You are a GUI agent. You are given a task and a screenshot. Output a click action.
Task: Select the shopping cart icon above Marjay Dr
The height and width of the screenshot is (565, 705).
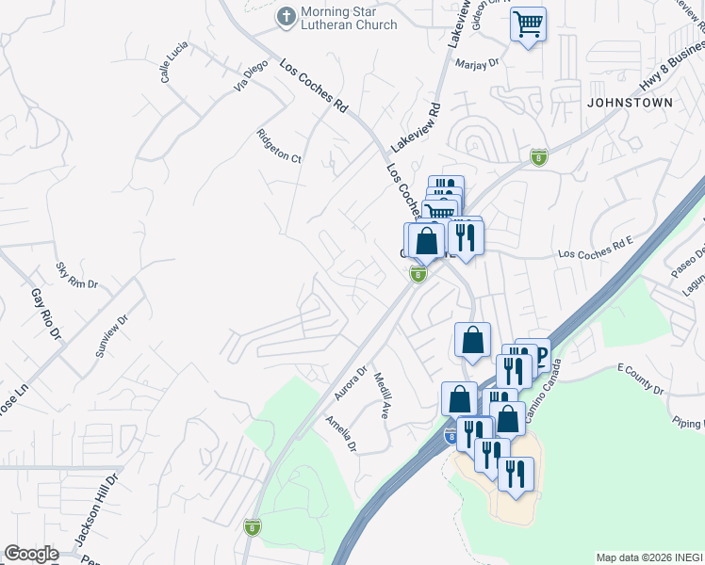(529, 23)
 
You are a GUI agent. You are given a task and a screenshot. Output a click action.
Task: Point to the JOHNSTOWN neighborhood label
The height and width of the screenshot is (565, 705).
(631, 102)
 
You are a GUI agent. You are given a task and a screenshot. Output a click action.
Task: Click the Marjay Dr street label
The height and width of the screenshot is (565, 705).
(477, 63)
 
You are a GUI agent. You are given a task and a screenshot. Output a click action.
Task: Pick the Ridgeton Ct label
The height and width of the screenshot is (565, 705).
(279, 146)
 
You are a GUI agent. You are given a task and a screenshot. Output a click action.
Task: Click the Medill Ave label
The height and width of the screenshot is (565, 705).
(382, 395)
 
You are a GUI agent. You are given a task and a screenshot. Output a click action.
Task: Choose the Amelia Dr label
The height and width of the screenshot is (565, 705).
(340, 432)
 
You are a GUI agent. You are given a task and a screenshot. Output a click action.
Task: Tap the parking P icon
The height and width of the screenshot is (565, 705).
(540, 355)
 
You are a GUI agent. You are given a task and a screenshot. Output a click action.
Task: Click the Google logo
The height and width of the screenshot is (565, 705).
(31, 554)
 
